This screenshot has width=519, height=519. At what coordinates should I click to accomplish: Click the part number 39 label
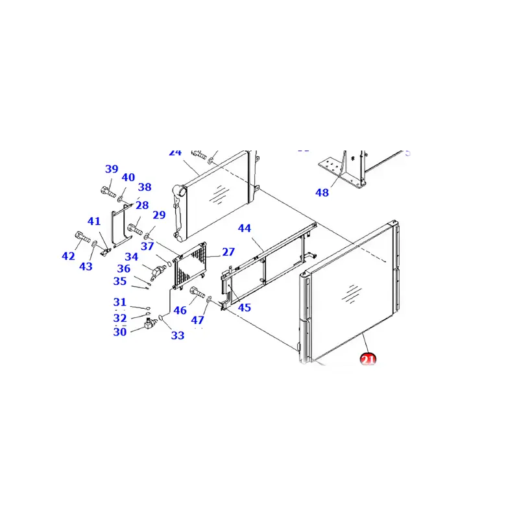coord(112,169)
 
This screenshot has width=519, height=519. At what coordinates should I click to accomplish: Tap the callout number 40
coord(128,178)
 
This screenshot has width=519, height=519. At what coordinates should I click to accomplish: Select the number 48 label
coord(322,193)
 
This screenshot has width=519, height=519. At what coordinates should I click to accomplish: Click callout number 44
coord(244,228)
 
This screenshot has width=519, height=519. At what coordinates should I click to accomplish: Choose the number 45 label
coord(244,308)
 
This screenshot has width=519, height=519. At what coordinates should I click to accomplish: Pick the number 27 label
coord(228,252)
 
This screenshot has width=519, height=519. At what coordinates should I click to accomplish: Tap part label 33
coord(178,335)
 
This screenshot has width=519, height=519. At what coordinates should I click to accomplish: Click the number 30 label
coord(120,332)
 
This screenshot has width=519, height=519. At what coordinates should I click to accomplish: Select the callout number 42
coord(69,256)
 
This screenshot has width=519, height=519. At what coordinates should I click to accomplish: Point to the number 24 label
coord(175,152)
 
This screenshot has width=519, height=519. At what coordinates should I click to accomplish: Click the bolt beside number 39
coord(108,191)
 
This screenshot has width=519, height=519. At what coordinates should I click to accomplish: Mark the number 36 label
coord(124,269)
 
